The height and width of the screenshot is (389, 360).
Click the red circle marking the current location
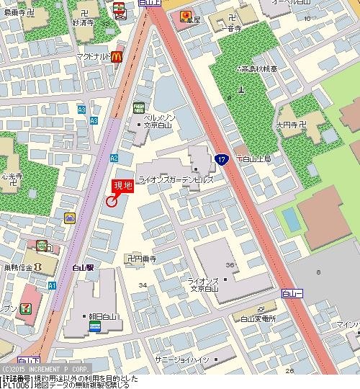[111, 202]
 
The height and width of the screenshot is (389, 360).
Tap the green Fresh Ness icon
[138, 108]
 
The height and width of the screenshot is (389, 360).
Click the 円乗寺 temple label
[144, 257]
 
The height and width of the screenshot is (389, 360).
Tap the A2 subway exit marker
[114, 158]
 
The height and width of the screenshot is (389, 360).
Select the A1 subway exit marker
[52, 285]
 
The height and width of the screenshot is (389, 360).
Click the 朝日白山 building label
[104, 316]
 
